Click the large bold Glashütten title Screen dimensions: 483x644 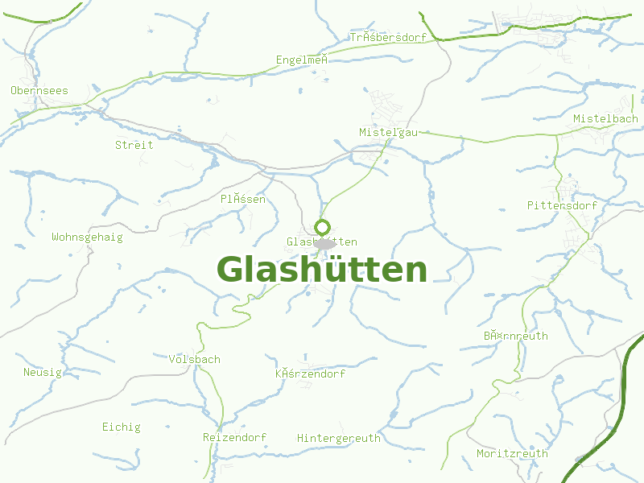coord(322,270)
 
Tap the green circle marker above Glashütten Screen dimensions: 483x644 coord(323,227)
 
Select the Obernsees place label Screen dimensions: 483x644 coord(39,91)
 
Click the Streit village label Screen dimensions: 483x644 coord(134,146)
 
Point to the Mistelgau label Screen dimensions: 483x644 coord(389,133)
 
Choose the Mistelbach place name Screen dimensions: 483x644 coord(605,119)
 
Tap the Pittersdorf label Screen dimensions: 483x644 coord(563,206)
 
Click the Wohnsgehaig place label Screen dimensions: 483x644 coord(88,237)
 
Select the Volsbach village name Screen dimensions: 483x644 coord(195,360)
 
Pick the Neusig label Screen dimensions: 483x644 coord(43,373)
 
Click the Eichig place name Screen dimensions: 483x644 coord(122,427)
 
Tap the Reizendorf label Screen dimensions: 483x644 coord(235,438)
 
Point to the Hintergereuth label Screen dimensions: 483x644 coord(339,439)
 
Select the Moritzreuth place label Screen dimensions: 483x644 coord(513,454)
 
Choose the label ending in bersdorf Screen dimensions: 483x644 coord(388,38)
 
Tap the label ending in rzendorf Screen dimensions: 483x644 coord(311,374)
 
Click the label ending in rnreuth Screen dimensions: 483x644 coord(516,336)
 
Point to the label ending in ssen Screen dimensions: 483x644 coord(243,199)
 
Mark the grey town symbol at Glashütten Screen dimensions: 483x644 coord(325,243)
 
